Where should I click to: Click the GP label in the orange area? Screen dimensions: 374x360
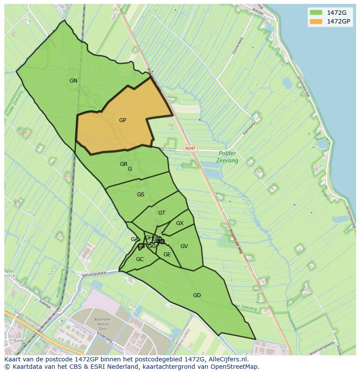123,120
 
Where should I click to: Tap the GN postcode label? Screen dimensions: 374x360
73,81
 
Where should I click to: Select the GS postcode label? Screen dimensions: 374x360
140,195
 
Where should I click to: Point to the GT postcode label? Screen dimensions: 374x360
162,213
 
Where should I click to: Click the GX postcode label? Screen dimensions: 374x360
180,223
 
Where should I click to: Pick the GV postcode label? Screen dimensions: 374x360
184,246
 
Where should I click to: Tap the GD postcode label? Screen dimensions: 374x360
197,295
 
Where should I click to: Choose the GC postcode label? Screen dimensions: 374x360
140,259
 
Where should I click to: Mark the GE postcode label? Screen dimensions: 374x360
167,255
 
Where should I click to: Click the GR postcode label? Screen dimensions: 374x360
124,164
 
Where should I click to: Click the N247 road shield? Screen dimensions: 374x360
190,149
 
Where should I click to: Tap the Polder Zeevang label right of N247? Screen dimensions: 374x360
227,157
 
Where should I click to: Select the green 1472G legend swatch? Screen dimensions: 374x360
316,12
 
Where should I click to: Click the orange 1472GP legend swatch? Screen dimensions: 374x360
316,21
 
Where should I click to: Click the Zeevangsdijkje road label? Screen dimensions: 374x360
94,273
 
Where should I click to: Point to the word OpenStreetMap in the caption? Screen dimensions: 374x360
235,367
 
